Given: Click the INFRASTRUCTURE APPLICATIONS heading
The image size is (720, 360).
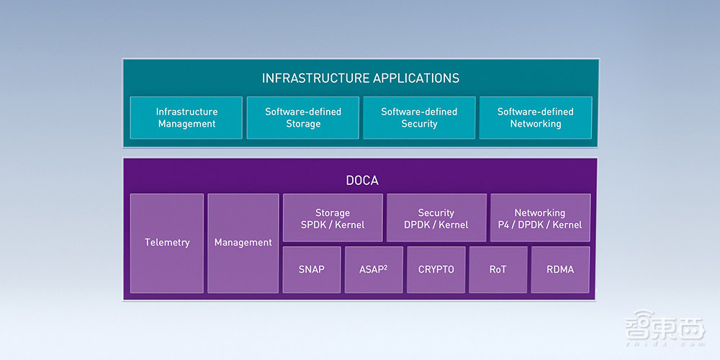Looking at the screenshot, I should point(360,78).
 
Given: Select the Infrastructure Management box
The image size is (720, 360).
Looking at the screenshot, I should point(186,117).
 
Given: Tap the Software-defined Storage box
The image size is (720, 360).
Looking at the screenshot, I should point(303,117).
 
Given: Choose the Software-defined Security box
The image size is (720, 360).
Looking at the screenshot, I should point(419,117).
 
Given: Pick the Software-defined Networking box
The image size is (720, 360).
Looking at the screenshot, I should point(536,117).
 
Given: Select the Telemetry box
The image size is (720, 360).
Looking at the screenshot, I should point(167,243).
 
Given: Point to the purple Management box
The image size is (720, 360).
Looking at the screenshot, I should point(243,243).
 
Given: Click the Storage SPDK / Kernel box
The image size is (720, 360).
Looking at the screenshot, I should point(333,218).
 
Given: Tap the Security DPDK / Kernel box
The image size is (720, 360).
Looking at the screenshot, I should point(436,218).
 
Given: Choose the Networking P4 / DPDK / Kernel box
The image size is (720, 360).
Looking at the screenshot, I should point(540,218).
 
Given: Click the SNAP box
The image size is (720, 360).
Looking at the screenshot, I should point(312,269).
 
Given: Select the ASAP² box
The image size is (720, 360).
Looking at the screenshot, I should point(374,269).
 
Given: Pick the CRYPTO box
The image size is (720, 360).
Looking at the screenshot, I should point(436,269).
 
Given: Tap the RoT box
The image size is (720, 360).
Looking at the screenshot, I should point(498,269).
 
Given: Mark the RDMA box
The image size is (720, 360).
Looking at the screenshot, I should point(560,269).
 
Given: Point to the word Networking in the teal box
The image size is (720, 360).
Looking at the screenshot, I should point(536,124).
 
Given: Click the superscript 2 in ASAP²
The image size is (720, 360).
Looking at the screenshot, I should point(386,266).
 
